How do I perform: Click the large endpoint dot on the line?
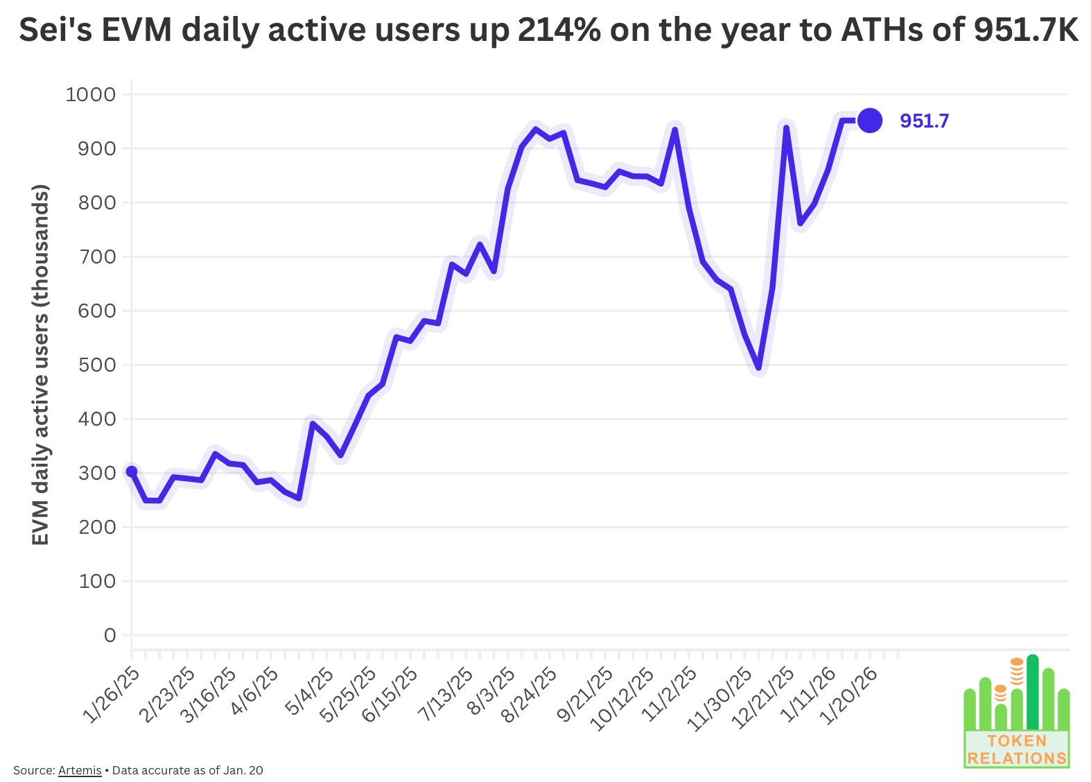point(869,121)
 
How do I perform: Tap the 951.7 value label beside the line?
point(924,121)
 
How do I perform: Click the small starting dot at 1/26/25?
point(132,471)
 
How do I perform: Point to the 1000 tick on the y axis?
point(91,94)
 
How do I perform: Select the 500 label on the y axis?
point(98,365)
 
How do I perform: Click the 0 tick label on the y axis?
point(110,635)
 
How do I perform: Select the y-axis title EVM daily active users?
point(41,365)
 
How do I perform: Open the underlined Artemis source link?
point(80,770)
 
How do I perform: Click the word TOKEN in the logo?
point(1017,740)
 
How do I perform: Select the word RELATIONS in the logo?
point(1017,758)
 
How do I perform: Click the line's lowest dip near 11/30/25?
point(759,368)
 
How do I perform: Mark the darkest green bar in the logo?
point(1032,690)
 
